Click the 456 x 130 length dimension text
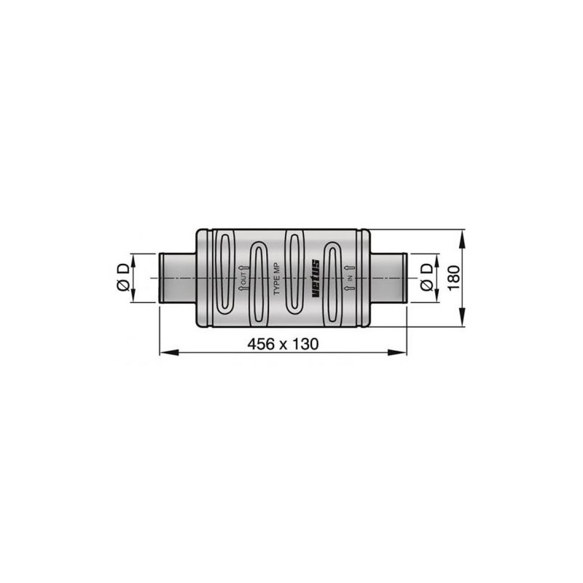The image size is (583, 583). [283, 344]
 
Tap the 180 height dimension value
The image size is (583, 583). [454, 278]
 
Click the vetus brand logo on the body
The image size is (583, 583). [316, 278]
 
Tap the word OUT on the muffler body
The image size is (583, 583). [243, 278]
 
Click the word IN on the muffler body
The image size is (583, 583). [350, 278]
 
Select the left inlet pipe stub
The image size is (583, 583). [177, 278]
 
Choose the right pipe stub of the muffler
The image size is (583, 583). [388, 278]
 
